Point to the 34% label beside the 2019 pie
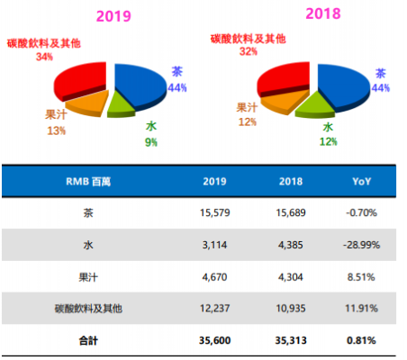tap(41, 57)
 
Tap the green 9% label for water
tap(151, 141)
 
